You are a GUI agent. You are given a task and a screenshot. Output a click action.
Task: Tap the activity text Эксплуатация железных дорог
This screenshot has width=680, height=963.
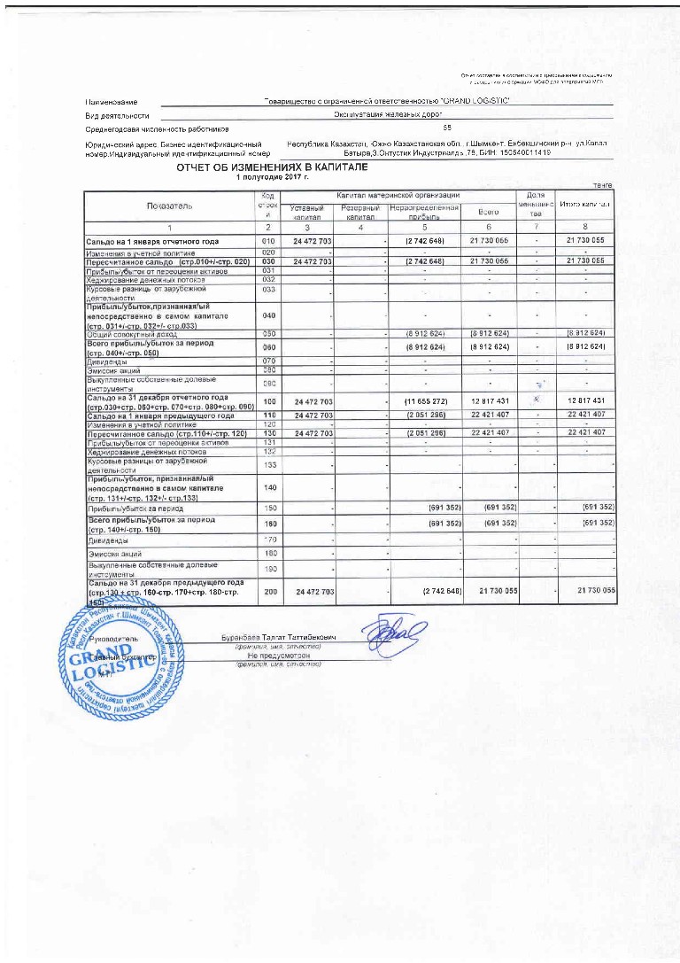[388, 115]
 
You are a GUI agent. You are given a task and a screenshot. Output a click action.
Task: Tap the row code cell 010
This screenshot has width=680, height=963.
[269, 241]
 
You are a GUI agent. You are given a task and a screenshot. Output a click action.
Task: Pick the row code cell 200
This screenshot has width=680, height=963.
[269, 590]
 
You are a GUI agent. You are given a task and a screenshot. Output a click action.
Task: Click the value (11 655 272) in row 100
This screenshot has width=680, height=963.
[425, 402]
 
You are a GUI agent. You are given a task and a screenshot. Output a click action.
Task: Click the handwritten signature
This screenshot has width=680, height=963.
[403, 635]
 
